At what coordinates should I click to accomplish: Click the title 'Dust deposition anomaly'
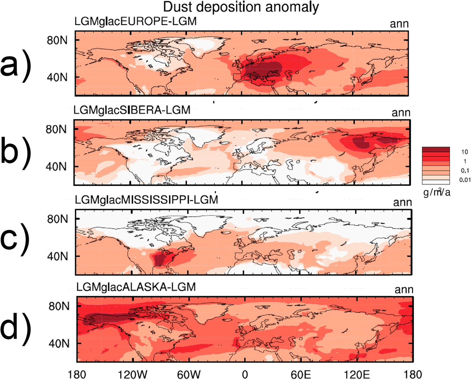(x=241, y=7)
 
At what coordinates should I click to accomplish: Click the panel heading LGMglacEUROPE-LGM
(x=135, y=21)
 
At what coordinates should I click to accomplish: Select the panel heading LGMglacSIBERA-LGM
(x=132, y=110)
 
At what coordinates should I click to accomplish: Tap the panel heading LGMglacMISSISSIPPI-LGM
(x=146, y=199)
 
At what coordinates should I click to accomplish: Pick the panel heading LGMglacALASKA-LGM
(x=136, y=287)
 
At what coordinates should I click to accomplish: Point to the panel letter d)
(x=16, y=327)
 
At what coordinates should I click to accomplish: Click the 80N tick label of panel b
(x=56, y=129)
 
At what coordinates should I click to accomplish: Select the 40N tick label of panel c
(x=57, y=256)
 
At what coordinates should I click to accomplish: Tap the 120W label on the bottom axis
(x=132, y=374)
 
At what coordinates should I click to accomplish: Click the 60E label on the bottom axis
(x=300, y=374)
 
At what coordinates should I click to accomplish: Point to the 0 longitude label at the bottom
(x=245, y=374)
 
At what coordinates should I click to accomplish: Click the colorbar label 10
(x=465, y=152)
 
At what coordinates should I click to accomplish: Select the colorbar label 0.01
(x=465, y=180)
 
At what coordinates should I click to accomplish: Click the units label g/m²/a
(x=437, y=192)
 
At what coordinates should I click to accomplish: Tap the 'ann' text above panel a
(x=399, y=24)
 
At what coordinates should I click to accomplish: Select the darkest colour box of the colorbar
(x=436, y=149)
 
